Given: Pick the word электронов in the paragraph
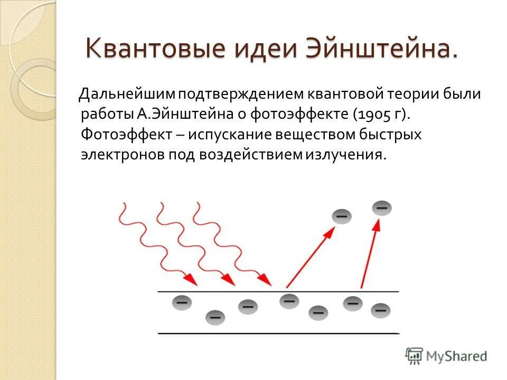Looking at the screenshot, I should point(123,154).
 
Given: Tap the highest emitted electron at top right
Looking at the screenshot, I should point(382,207).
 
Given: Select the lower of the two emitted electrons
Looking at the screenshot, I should point(342,216).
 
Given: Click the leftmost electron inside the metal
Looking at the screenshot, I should point(181,302).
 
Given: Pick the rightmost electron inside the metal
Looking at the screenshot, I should point(380,310).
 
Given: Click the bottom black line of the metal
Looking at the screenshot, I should point(278,333).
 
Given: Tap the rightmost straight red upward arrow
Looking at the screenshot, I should point(370,253).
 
